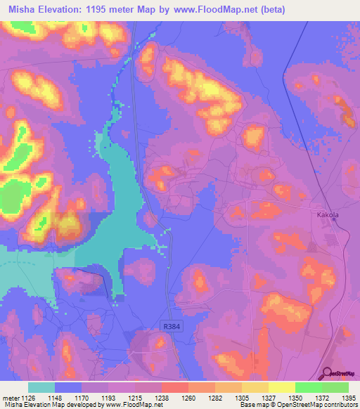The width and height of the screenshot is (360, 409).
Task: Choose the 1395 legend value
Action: (x=348, y=398)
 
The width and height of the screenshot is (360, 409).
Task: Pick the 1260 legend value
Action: (x=188, y=398)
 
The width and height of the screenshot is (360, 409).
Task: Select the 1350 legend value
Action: (x=295, y=398)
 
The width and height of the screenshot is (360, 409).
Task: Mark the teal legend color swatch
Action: (x=41, y=387)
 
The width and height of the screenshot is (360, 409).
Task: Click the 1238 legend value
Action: (x=161, y=398)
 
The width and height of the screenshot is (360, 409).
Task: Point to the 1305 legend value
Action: (x=241, y=398)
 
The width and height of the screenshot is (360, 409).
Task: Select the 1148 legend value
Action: (x=54, y=398)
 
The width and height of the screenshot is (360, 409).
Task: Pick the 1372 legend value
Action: (x=321, y=398)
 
